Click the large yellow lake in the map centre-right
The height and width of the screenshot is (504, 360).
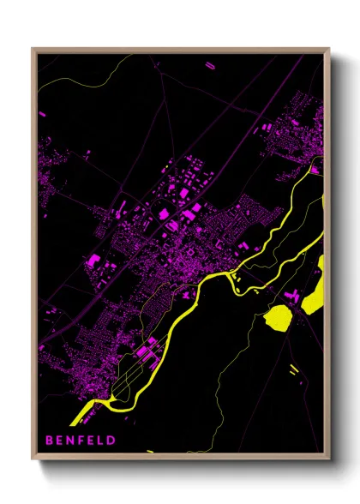click(279, 321)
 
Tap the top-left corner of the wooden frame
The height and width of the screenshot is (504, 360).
click(33, 49)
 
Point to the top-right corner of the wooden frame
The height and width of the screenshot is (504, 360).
click(328, 49)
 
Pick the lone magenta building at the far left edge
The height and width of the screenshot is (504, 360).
click(41, 112)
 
